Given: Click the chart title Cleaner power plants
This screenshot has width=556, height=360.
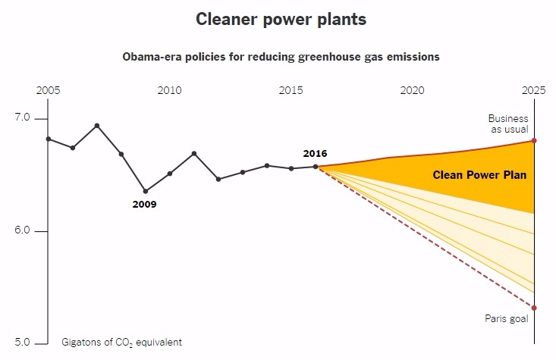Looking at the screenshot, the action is click(x=281, y=19).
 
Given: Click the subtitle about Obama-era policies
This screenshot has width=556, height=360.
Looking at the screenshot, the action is click(x=281, y=57).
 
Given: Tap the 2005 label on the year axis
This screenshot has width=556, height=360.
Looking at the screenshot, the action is click(x=49, y=90).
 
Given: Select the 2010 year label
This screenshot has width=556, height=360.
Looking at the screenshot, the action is click(x=169, y=90).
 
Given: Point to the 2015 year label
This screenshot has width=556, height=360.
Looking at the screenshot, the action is click(x=291, y=90).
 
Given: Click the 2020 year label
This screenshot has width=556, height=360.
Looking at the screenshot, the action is click(x=413, y=90).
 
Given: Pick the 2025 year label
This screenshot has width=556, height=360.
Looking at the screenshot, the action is click(x=534, y=90).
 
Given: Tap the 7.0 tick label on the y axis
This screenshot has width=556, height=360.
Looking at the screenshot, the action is click(x=22, y=117).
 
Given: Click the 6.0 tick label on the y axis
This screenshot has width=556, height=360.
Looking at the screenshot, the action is click(x=22, y=230).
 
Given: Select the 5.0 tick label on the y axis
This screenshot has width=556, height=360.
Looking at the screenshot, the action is click(x=22, y=343).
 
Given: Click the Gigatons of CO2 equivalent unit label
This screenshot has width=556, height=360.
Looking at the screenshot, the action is click(x=121, y=343).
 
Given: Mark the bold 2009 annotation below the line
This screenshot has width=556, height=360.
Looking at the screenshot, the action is click(x=144, y=205).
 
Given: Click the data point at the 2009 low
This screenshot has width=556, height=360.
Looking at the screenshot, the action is click(x=146, y=191).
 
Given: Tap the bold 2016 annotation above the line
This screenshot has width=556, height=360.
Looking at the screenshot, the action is click(x=315, y=153).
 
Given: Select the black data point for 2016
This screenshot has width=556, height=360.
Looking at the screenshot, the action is click(x=316, y=167).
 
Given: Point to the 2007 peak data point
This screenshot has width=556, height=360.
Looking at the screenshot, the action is click(x=97, y=126).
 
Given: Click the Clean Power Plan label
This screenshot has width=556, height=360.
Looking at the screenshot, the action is click(x=479, y=175).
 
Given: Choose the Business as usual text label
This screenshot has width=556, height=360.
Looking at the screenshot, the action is click(x=508, y=124).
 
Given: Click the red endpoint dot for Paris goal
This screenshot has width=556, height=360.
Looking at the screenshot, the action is click(x=534, y=308).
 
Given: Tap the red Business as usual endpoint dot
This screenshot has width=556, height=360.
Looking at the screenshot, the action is click(x=534, y=141).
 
